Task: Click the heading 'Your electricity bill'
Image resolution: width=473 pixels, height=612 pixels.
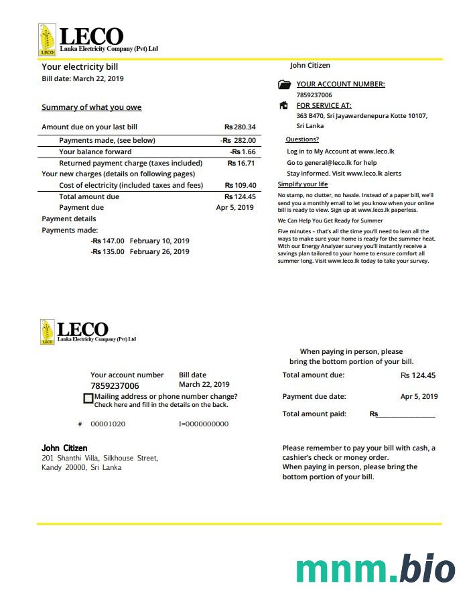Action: (80, 67)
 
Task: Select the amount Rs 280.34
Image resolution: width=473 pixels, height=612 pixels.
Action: (240, 127)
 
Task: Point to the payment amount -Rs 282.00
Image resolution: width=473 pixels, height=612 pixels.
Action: (238, 140)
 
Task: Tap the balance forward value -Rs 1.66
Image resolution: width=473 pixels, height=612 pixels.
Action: (243, 151)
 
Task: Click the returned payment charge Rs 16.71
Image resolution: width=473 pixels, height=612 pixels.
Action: (241, 163)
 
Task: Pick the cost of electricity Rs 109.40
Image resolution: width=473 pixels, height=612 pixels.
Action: (241, 185)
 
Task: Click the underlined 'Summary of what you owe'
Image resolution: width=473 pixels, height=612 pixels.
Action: (91, 107)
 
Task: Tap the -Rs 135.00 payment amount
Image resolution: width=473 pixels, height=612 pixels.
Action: (107, 252)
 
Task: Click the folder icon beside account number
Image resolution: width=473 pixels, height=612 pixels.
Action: (284, 84)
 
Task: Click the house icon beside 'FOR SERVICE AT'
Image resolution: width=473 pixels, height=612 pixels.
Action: (283, 105)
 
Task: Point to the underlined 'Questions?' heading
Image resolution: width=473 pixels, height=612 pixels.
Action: (302, 139)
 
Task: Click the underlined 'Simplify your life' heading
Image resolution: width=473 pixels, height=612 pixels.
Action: (303, 184)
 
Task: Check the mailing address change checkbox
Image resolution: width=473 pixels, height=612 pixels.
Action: (88, 398)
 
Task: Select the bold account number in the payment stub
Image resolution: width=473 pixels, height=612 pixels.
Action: (115, 386)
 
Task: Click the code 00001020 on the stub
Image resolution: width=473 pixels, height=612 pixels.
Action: (108, 424)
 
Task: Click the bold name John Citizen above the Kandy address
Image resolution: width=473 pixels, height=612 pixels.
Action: (64, 448)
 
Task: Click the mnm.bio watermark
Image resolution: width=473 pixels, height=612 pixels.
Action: (375, 569)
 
